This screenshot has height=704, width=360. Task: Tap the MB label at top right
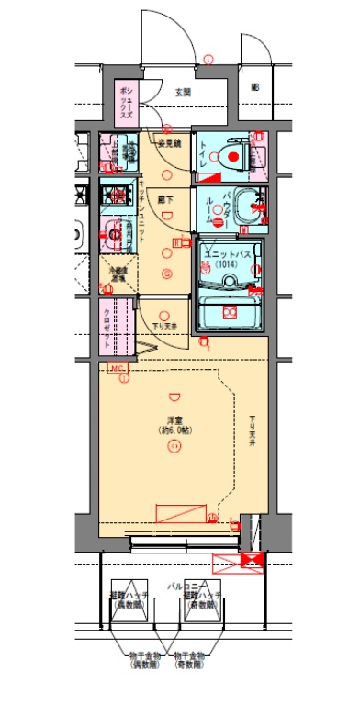(x=255, y=88)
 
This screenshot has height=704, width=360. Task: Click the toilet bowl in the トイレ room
(x=235, y=157)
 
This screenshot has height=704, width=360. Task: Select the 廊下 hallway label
(x=166, y=198)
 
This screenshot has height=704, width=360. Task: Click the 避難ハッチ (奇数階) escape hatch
(x=201, y=602)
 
